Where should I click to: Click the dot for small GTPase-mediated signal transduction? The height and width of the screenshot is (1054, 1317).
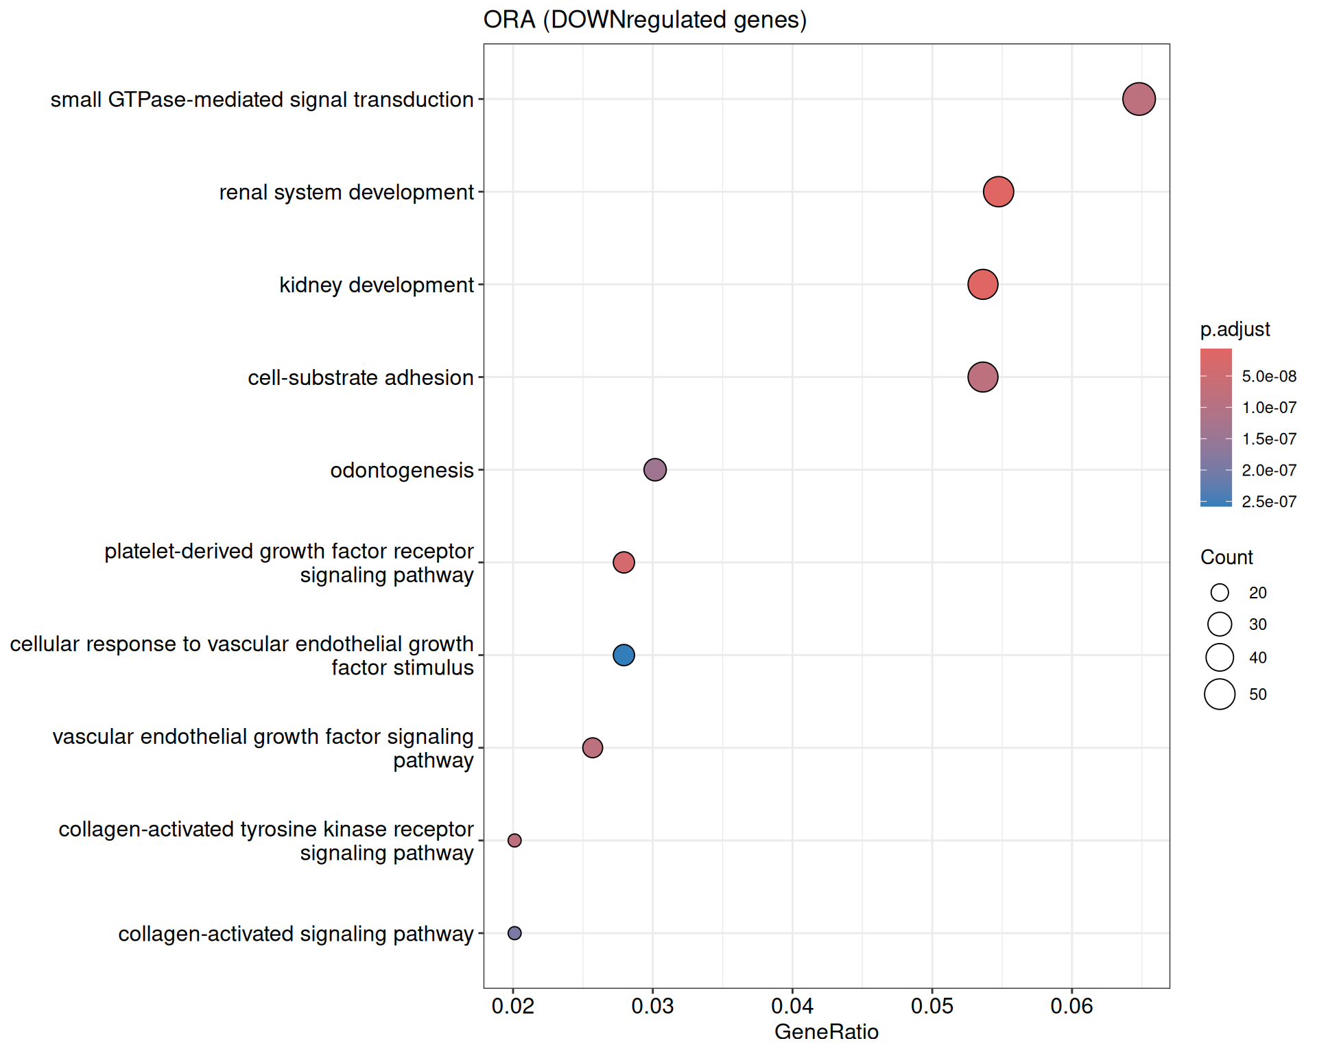click(x=1139, y=99)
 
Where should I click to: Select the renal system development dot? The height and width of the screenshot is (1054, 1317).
click(x=998, y=191)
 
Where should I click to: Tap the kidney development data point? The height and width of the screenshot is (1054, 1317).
click(x=982, y=284)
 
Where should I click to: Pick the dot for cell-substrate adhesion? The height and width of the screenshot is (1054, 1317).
click(x=982, y=377)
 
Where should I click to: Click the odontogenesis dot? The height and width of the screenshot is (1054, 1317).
click(x=655, y=469)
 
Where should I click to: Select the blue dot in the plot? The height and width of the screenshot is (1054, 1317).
click(x=624, y=655)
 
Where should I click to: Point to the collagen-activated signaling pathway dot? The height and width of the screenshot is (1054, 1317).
click(x=514, y=933)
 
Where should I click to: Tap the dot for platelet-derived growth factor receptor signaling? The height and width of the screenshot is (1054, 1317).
click(x=624, y=562)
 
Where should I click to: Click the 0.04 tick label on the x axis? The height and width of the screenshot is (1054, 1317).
click(x=792, y=1006)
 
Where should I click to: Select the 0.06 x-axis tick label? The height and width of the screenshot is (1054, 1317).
click(x=1071, y=1006)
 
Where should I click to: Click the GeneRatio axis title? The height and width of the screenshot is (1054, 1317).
click(x=826, y=1031)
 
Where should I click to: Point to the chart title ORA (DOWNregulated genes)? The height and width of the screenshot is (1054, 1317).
click(x=645, y=20)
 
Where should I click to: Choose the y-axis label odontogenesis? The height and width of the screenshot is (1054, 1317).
click(x=402, y=470)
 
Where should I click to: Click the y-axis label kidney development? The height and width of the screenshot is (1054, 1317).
click(x=377, y=285)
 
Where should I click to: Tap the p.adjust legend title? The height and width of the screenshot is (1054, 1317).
click(x=1235, y=329)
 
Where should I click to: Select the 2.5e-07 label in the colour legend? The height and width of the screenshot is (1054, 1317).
click(x=1269, y=502)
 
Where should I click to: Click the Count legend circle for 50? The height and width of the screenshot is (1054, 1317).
click(x=1220, y=694)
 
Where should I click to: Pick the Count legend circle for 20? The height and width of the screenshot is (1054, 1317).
click(x=1220, y=592)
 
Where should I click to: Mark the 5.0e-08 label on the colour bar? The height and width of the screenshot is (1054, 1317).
click(x=1269, y=376)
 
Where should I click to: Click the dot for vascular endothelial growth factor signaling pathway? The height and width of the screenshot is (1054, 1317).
click(x=593, y=747)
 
